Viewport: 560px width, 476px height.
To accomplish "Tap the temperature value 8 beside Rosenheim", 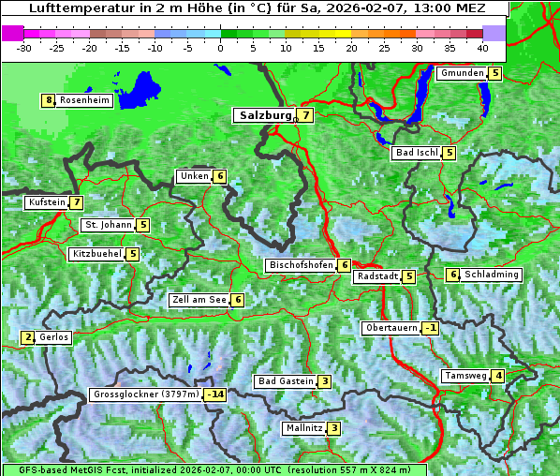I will [x=48, y=100].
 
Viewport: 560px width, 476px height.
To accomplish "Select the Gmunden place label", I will [x=463, y=73].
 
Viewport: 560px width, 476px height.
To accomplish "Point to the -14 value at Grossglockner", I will [x=215, y=394].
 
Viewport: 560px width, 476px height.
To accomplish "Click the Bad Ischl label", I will [x=416, y=153].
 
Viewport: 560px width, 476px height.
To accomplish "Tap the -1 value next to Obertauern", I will [x=430, y=328].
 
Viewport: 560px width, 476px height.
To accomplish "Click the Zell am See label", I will [x=199, y=300].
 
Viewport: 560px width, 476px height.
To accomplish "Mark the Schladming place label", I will [x=492, y=275].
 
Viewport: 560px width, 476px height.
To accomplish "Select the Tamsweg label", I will [x=465, y=376].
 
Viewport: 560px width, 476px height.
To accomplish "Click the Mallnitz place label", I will [x=303, y=428].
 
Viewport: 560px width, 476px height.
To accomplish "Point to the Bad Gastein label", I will [x=286, y=381].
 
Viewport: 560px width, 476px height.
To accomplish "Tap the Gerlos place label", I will [x=53, y=337].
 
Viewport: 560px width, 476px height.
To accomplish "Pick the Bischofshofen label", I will [x=301, y=265].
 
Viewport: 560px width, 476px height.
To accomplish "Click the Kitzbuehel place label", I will [x=96, y=254].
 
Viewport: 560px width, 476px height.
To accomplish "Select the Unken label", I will [x=194, y=176].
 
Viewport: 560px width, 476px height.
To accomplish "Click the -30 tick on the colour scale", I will [x=24, y=47].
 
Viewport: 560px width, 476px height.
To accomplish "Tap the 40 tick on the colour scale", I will [x=481, y=47].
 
